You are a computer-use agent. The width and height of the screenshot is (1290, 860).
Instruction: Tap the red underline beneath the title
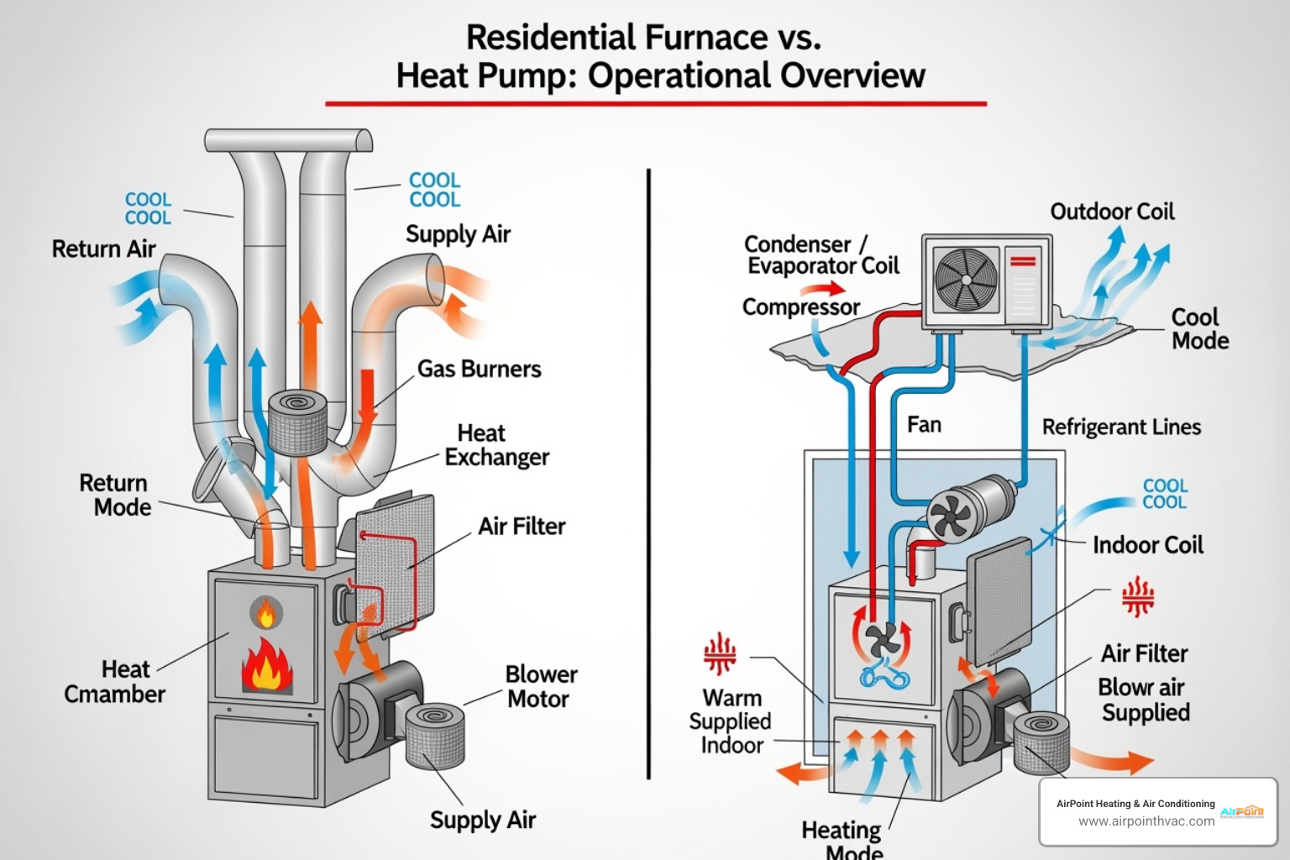(x=655, y=103)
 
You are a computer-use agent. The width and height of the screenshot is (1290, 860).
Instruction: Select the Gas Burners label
(x=479, y=369)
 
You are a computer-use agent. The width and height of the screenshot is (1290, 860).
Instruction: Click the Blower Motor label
(x=540, y=686)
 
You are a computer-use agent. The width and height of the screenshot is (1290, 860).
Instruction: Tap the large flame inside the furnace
(x=266, y=665)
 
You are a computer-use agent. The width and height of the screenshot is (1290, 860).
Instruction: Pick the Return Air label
(x=103, y=249)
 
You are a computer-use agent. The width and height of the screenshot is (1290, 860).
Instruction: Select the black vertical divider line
(x=648, y=470)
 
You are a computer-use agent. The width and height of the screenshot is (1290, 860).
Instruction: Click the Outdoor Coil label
(x=1112, y=212)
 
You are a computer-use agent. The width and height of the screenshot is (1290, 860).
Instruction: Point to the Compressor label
(x=800, y=307)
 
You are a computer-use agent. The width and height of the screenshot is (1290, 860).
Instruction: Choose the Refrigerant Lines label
(x=1121, y=427)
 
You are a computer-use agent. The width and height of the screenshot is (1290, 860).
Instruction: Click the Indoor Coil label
(x=1147, y=545)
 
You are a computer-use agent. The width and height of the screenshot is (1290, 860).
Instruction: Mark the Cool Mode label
(x=1199, y=328)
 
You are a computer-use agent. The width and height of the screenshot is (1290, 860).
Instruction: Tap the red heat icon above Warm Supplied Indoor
(x=720, y=653)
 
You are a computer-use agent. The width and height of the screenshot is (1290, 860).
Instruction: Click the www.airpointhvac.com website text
(x=1146, y=821)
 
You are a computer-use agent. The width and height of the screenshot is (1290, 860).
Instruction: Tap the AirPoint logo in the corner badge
(x=1241, y=812)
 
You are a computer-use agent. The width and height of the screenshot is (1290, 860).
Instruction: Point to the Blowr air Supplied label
(x=1143, y=700)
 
